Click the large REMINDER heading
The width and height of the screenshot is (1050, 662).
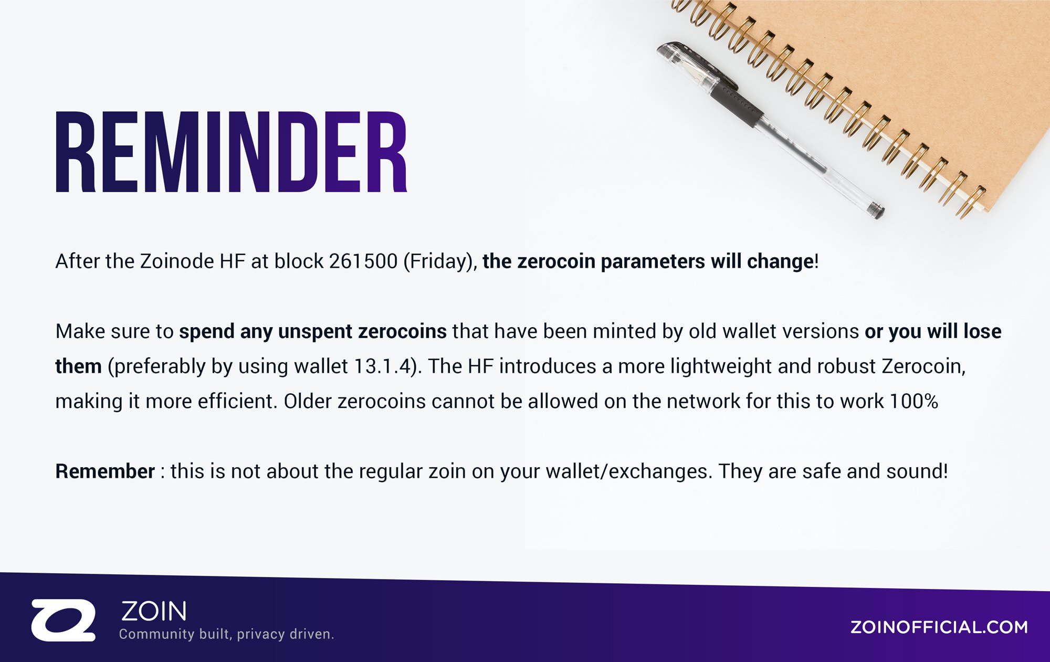coord(232,152)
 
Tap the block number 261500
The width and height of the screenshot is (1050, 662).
coord(363,261)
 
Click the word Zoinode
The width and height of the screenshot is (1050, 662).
coord(177,261)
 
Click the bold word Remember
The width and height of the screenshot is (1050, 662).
coord(105,471)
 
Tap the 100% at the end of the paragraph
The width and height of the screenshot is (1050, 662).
coord(914,401)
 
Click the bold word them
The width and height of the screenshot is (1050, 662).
coord(78,366)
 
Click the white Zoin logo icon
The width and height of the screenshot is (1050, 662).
coord(64,620)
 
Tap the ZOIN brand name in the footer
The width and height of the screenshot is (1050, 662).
coord(154,611)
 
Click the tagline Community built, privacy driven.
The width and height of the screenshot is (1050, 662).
coord(226,634)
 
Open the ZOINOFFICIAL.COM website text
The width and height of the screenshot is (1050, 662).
coord(939,627)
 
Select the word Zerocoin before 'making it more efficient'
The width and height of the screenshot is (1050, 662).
coord(923,366)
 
